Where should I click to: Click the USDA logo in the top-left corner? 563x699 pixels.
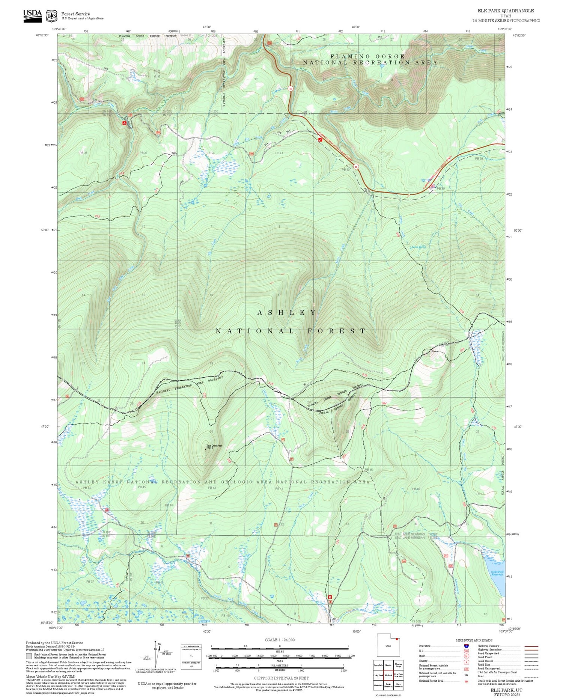pyautogui.click(x=32, y=15)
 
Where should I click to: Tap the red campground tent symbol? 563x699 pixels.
pyautogui.click(x=124, y=123)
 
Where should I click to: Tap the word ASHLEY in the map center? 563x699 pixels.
pyautogui.click(x=287, y=312)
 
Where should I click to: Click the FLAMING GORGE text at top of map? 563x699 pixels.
pyautogui.click(x=367, y=56)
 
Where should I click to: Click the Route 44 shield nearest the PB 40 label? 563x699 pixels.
pyautogui.click(x=355, y=166)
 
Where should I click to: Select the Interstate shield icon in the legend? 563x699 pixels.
pyautogui.click(x=466, y=646)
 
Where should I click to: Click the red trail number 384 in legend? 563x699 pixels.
pyautogui.click(x=466, y=681)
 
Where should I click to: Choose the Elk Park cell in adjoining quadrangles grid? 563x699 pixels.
pyautogui.click(x=388, y=675)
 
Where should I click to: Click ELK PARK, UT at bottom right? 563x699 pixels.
pyautogui.click(x=506, y=690)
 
